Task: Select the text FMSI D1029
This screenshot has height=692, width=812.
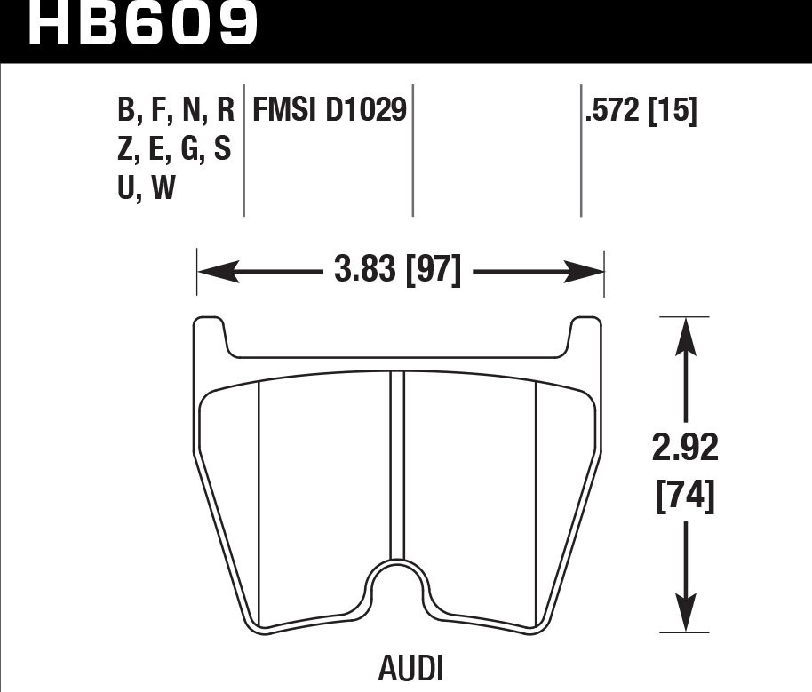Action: pos(330,111)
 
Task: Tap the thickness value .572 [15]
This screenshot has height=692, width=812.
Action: pos(641,111)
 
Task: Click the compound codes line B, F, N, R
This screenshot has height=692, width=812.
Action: pos(175,111)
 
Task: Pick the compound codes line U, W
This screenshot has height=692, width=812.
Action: pos(146,187)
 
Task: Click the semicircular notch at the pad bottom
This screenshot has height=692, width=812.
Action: pos(398,585)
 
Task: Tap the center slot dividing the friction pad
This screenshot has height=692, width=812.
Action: pos(398,462)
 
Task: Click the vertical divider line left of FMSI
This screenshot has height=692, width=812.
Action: pos(243,151)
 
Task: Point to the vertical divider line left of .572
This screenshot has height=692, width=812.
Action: pos(581,151)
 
